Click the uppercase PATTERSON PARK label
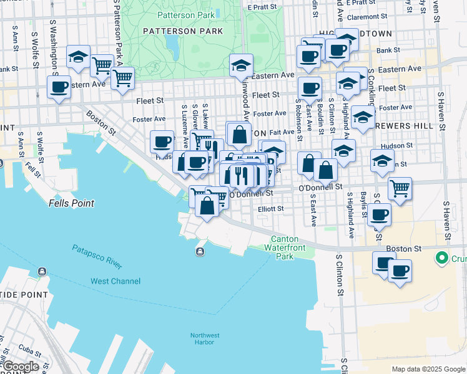coord(174,31)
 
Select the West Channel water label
coord(116,281)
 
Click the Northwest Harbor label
coord(205,338)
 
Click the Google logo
coord(20,367)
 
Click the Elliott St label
coord(271,209)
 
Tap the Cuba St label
coord(29,347)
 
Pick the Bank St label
coord(388,50)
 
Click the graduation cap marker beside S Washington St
coord(78,57)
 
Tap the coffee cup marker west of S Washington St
coord(59,87)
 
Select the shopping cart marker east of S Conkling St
coord(400,187)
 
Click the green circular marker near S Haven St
coord(442,257)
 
